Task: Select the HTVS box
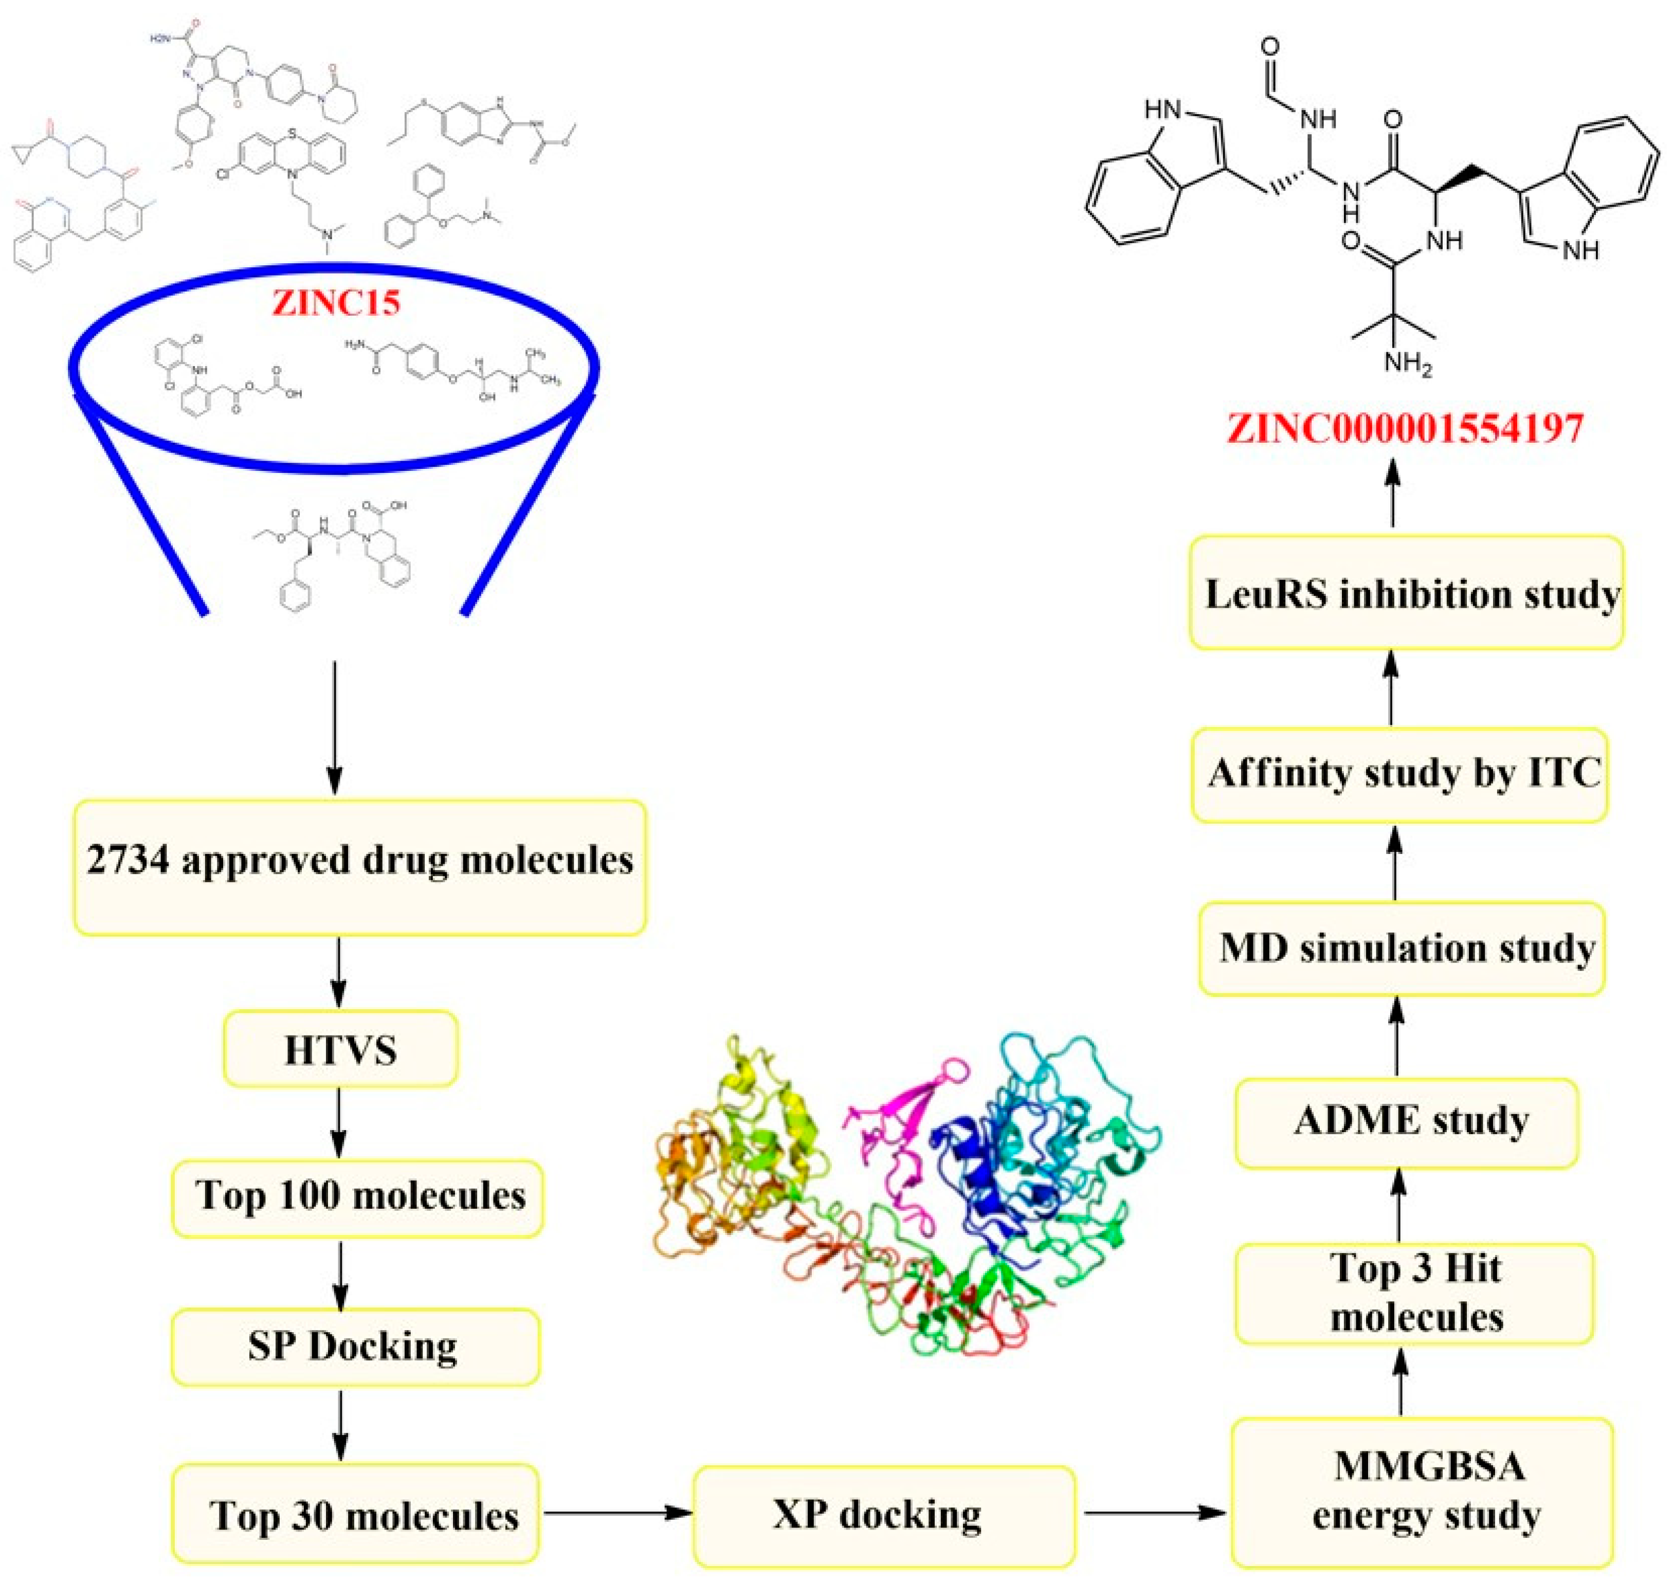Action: (341, 1050)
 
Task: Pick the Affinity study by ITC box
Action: (1400, 775)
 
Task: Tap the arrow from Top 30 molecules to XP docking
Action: (615, 1513)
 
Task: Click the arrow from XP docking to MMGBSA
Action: (1153, 1513)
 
